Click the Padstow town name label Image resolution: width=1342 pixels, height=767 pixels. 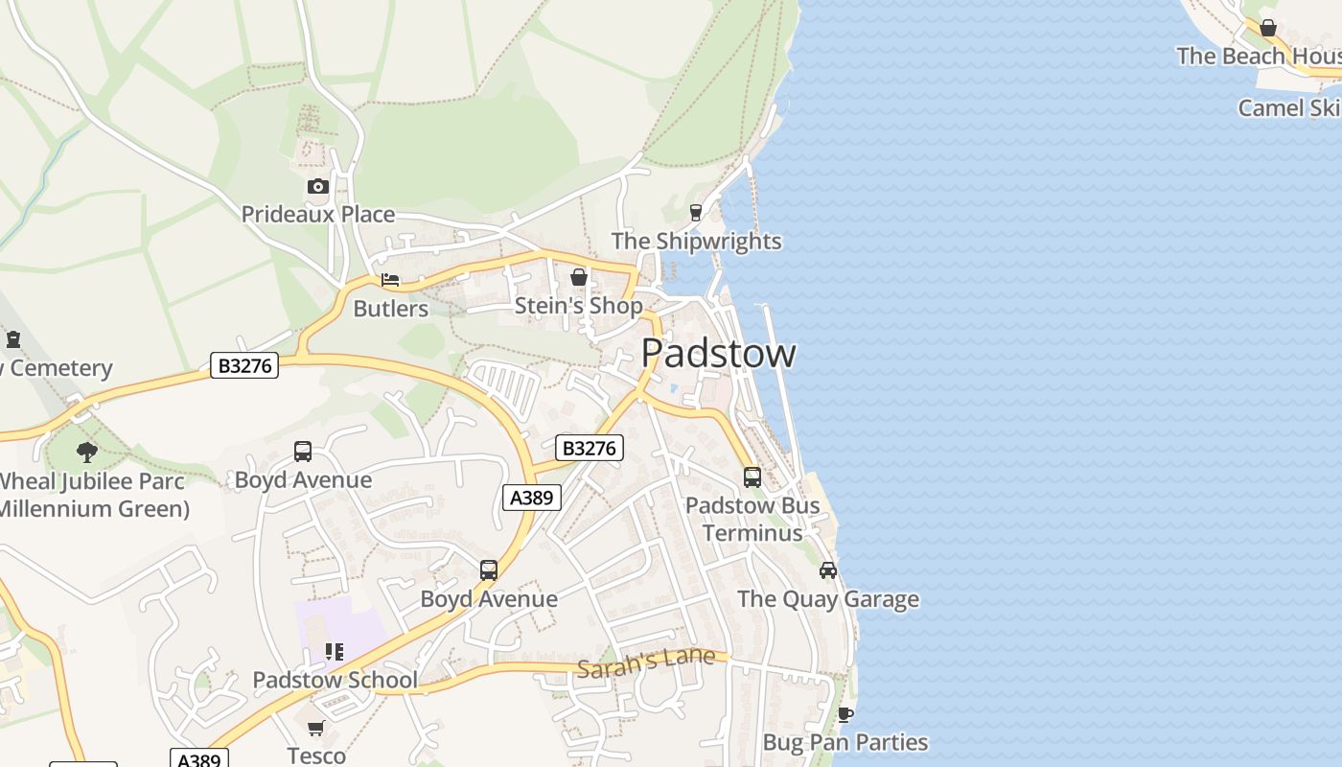718,353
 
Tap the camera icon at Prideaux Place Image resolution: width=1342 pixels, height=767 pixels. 318,186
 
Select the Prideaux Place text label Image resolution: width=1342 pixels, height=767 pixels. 318,214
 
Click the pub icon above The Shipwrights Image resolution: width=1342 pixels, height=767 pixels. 696,212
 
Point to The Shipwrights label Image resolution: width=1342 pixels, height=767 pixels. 697,241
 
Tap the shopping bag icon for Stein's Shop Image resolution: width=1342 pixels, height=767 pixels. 578,277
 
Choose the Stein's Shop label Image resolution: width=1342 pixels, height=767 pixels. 579,305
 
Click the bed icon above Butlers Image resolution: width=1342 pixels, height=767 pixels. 390,280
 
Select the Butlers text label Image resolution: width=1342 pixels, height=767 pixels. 391,309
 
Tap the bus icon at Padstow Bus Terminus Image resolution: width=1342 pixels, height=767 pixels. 752,476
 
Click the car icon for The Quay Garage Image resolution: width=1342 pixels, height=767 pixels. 828,570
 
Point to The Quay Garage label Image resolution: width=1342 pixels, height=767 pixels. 828,599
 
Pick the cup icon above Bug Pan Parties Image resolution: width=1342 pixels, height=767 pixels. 845,714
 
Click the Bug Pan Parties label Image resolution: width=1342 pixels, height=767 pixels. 845,742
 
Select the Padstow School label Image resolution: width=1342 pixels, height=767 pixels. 335,680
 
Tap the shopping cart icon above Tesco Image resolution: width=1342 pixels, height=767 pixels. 316,728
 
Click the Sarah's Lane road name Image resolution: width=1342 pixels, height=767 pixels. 646,661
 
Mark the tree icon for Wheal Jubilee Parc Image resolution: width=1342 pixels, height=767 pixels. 87,452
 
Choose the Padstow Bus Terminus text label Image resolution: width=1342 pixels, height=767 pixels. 752,519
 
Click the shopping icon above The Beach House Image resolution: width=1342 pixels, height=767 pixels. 1268,28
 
